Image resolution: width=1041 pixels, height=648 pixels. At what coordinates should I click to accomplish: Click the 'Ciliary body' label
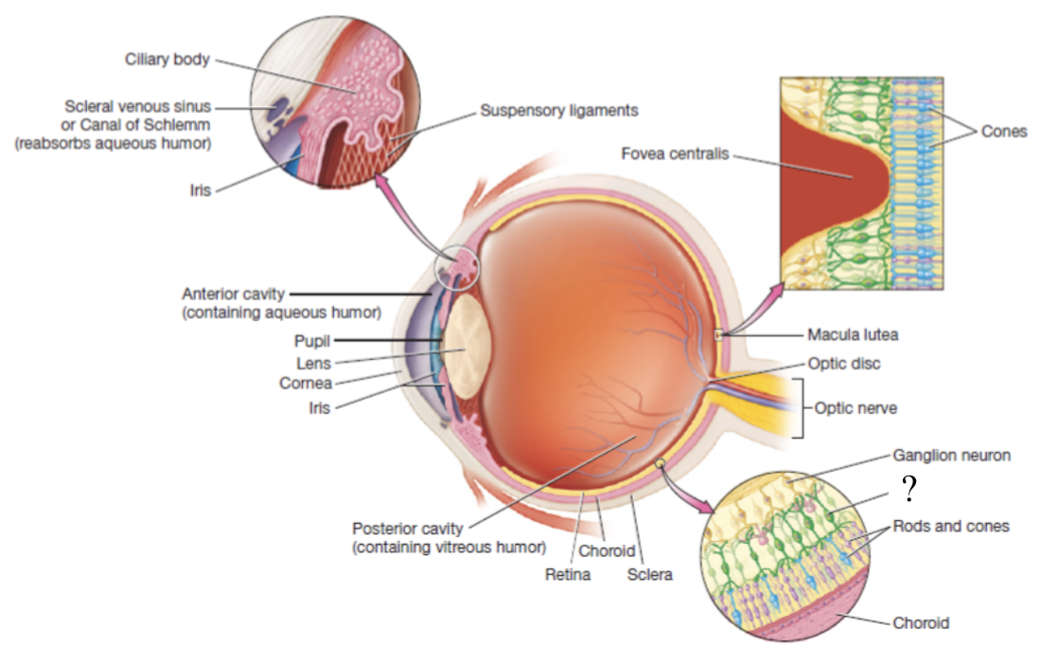[x=167, y=60]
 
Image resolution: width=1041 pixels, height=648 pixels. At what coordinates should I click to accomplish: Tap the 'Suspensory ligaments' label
[x=558, y=110]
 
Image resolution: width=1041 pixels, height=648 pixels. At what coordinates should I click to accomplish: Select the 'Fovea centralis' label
[x=675, y=153]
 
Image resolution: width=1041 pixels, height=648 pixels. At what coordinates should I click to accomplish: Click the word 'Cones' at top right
[x=1003, y=132]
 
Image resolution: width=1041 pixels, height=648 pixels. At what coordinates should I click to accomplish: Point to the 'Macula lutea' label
[x=853, y=334]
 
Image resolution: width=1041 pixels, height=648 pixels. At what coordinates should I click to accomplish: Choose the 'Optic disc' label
[x=845, y=363]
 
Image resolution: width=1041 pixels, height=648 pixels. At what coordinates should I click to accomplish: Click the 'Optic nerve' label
[x=856, y=408]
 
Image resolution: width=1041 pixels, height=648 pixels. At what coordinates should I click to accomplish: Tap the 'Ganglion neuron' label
[x=951, y=456]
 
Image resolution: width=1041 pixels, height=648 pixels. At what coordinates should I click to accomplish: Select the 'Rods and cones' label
[x=951, y=526]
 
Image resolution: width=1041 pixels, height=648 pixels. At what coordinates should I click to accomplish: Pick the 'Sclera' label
[x=649, y=574]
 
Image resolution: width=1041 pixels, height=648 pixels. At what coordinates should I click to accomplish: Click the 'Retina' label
[x=567, y=574]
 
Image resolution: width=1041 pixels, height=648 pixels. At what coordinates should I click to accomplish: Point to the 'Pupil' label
[x=312, y=341]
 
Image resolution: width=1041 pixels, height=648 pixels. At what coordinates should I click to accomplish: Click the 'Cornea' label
[x=306, y=384]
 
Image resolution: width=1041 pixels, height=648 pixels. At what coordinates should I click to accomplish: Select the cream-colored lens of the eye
[x=466, y=348]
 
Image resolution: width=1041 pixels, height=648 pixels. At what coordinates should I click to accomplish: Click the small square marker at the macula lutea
[x=719, y=334]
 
